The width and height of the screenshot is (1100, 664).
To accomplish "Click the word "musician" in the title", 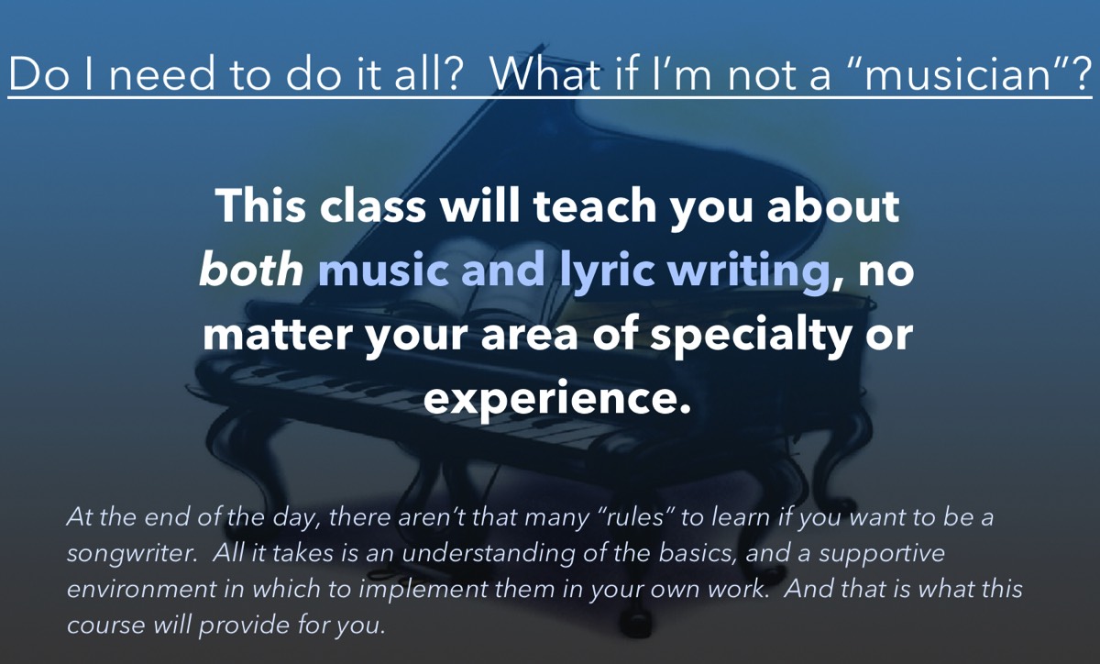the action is click(957, 73).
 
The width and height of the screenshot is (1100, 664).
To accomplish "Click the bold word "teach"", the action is click(595, 205).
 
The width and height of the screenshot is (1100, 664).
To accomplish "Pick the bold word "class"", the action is click(372, 205).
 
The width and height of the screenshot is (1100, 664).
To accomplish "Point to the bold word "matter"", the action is click(278, 335).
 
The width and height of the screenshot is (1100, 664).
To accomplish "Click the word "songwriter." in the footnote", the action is click(132, 554).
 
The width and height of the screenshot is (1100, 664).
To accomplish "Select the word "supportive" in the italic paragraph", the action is click(882, 554).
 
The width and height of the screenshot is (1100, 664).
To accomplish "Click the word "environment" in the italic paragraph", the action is click(141, 590).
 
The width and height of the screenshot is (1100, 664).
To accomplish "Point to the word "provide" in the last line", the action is click(244, 626).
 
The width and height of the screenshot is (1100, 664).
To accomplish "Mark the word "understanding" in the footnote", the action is click(489, 554).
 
